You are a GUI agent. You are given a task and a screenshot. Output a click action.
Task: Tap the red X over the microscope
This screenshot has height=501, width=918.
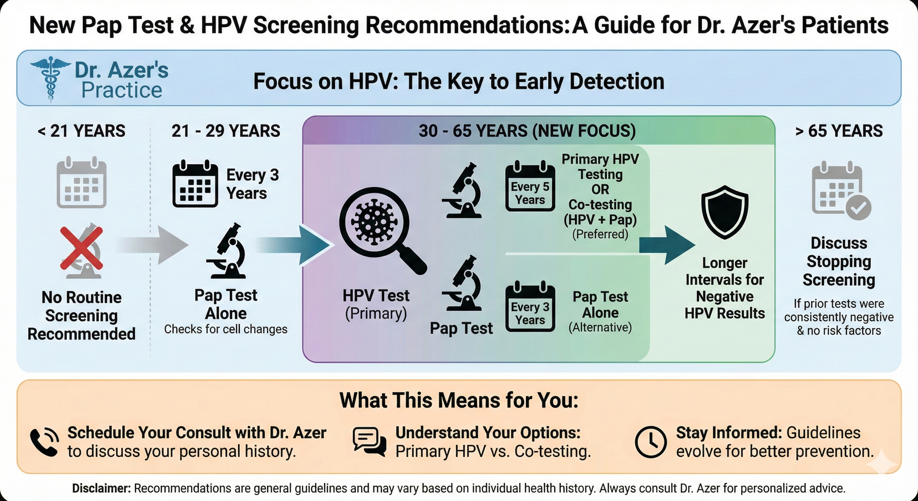[81, 248]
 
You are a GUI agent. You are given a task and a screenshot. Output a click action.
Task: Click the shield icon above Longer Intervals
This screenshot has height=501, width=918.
[724, 212]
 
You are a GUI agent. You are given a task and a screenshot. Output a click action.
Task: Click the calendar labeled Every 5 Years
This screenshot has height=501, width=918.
[530, 188]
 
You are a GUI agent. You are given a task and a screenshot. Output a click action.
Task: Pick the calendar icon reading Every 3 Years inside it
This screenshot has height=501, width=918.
[530, 308]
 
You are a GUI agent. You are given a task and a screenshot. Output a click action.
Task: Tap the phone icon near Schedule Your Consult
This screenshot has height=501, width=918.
[44, 442]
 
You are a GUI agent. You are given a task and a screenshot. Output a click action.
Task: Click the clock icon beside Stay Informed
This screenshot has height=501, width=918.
[651, 442]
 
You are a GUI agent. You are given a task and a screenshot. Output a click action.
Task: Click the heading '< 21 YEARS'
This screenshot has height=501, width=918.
[82, 131]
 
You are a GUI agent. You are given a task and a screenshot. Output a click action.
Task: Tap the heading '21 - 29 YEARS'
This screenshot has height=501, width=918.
[225, 131]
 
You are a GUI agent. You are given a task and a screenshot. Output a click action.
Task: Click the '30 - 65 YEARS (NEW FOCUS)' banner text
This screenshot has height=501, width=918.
[527, 131]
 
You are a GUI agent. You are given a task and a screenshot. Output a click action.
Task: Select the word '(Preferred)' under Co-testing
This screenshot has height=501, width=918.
[600, 234]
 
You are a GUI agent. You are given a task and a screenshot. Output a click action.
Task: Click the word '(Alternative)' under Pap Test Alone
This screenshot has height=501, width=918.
[600, 327]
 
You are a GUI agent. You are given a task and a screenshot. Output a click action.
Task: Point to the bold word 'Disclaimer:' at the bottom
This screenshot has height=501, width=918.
[101, 489]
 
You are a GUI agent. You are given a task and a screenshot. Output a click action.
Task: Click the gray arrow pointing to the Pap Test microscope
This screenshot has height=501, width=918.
[154, 245]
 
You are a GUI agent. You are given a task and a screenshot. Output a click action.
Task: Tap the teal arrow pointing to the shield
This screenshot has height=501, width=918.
[666, 245]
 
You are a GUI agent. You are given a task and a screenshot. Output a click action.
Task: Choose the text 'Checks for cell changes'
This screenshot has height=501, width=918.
[225, 329]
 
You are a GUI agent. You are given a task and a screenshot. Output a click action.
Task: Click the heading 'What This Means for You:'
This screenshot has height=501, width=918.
[459, 400]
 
